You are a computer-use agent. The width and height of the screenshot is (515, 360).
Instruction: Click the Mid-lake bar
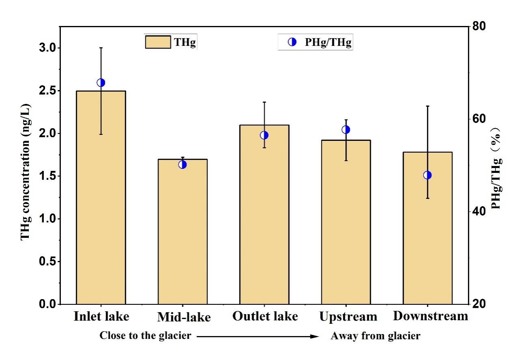coord(182,231)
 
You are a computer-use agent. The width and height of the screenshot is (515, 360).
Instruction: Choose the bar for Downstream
coord(427,228)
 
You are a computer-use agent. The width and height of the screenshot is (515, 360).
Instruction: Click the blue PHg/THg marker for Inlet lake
coord(101,83)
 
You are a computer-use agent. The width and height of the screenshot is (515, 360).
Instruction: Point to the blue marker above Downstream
coord(427,175)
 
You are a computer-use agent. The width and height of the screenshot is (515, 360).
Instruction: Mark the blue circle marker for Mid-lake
coord(182,164)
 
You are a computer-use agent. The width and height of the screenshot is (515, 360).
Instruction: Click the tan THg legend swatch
coord(158,42)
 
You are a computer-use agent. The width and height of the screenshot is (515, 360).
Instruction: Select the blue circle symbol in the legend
coord(292,42)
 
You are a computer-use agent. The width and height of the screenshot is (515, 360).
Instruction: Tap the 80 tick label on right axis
coord(481,26)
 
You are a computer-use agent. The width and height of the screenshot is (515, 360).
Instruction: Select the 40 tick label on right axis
coord(481,211)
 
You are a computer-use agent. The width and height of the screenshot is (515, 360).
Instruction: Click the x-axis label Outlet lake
coord(265,316)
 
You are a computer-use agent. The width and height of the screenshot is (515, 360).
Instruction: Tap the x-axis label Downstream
coord(431,316)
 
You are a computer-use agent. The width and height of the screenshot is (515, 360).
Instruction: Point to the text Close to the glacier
coord(145,336)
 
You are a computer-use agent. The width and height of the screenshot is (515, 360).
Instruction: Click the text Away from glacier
coord(375,336)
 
